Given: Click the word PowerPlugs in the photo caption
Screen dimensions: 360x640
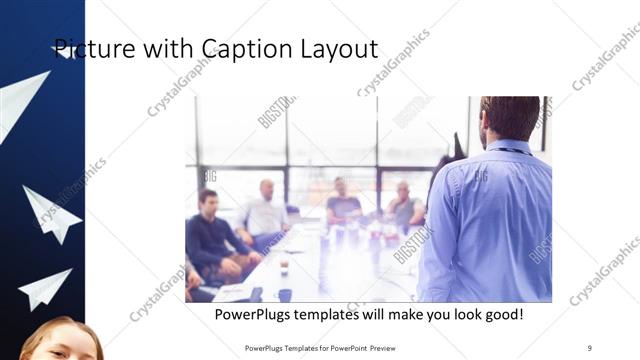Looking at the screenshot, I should (258, 315).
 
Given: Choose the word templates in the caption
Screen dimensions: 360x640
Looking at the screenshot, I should (341, 315).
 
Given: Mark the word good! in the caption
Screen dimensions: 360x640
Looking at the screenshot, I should (502, 315).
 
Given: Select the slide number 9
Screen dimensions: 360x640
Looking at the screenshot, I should (590, 347).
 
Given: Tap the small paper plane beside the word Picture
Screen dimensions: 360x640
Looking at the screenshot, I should (63, 51).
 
